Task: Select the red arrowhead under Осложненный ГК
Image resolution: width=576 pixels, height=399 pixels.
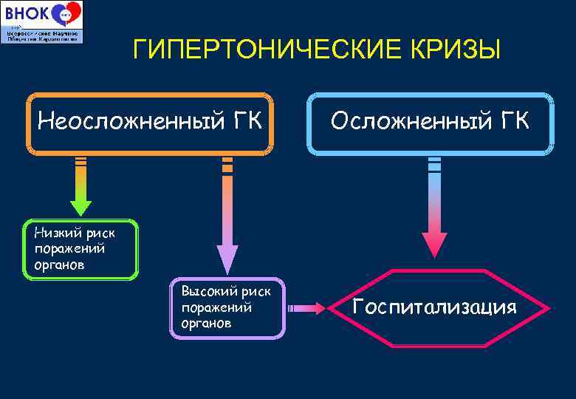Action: [434, 244]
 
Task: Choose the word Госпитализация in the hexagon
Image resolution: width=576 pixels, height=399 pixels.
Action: [434, 307]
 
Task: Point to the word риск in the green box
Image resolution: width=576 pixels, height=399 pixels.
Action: [100, 233]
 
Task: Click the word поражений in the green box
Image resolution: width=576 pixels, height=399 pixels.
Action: [64, 248]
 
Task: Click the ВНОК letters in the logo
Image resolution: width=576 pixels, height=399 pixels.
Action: [24, 14]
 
